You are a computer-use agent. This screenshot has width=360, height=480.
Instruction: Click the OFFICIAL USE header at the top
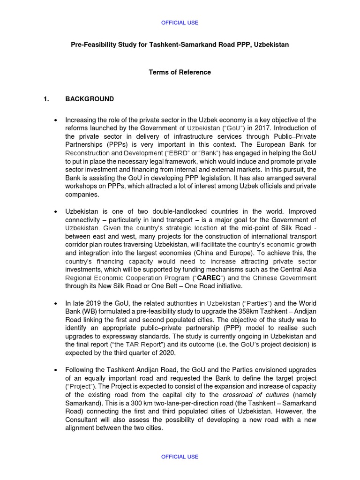tap(180, 22)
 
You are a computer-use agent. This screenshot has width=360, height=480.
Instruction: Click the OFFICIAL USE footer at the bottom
tap(180, 457)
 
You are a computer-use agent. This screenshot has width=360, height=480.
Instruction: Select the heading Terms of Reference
tap(180, 72)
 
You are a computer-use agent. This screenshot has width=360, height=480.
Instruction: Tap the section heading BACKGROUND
tap(90, 99)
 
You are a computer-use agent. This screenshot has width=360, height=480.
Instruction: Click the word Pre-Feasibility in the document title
tap(92, 45)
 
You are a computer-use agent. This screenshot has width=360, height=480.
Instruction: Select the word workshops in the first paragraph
tap(80, 187)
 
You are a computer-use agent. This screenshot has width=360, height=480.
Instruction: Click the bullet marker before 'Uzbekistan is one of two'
tap(56, 211)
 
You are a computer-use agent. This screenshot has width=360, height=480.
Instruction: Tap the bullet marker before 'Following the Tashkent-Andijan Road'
tap(56, 369)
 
